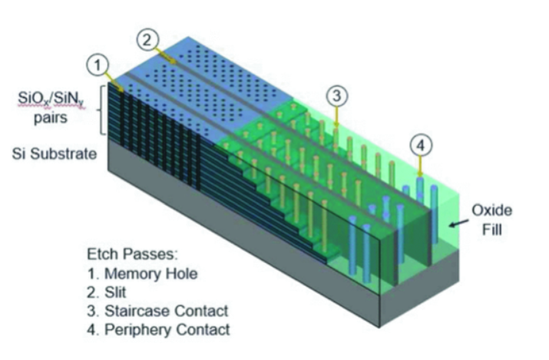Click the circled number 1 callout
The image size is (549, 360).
point(98,65)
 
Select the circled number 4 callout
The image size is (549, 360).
point(421,144)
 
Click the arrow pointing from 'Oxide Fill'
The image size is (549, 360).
point(458,223)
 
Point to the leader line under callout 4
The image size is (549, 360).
point(422,166)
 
